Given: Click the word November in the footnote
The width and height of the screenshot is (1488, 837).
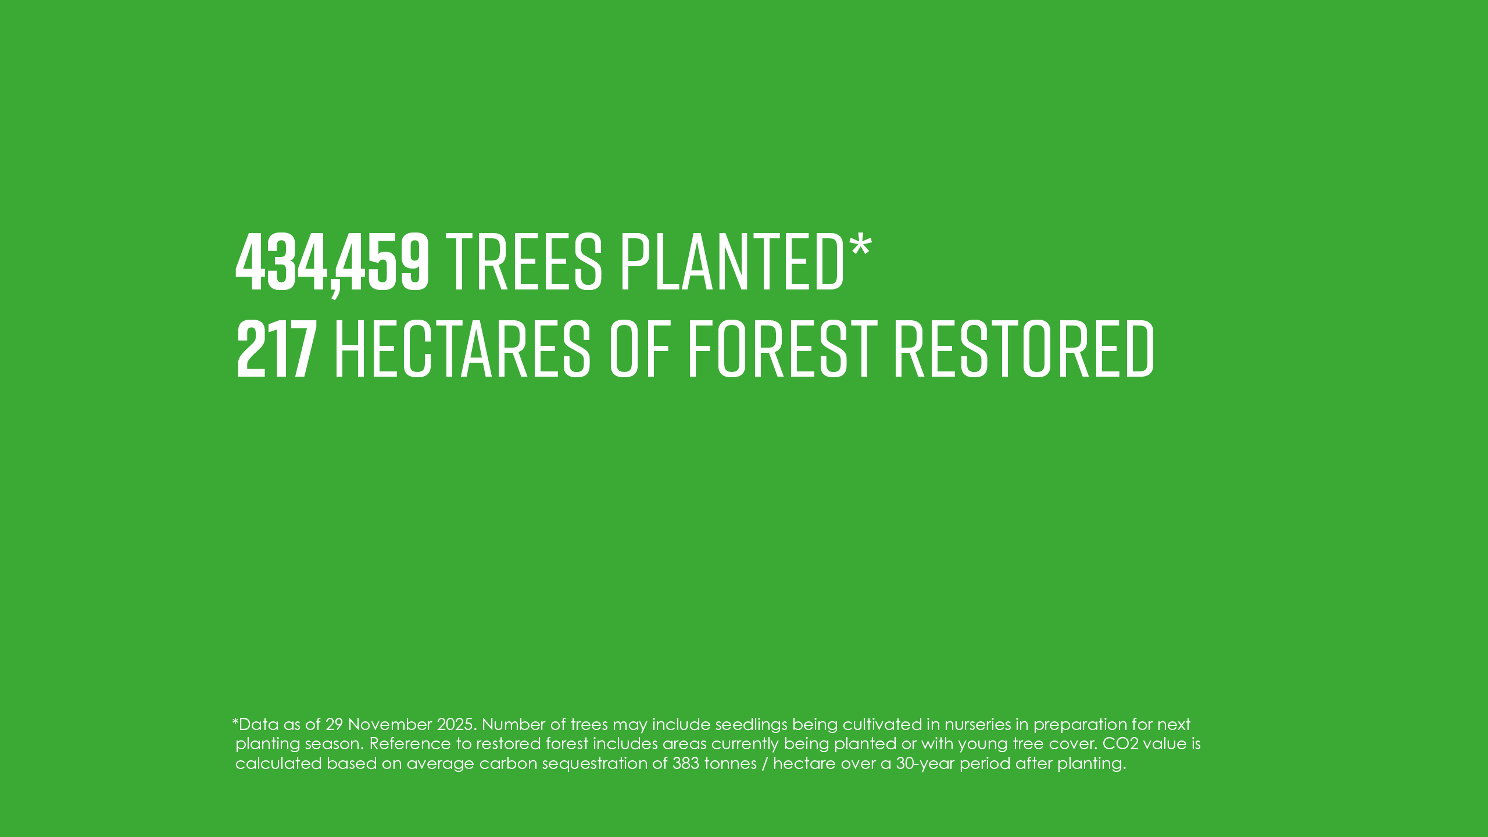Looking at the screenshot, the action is pos(390,724).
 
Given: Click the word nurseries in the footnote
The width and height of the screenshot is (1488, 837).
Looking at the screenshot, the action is pos(978,725).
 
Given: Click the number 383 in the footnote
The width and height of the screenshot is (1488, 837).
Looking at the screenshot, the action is pos(686,763).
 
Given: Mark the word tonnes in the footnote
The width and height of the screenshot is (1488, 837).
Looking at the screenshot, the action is pos(731,763).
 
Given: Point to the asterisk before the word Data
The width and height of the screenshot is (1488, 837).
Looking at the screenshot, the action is pos(235,721).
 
